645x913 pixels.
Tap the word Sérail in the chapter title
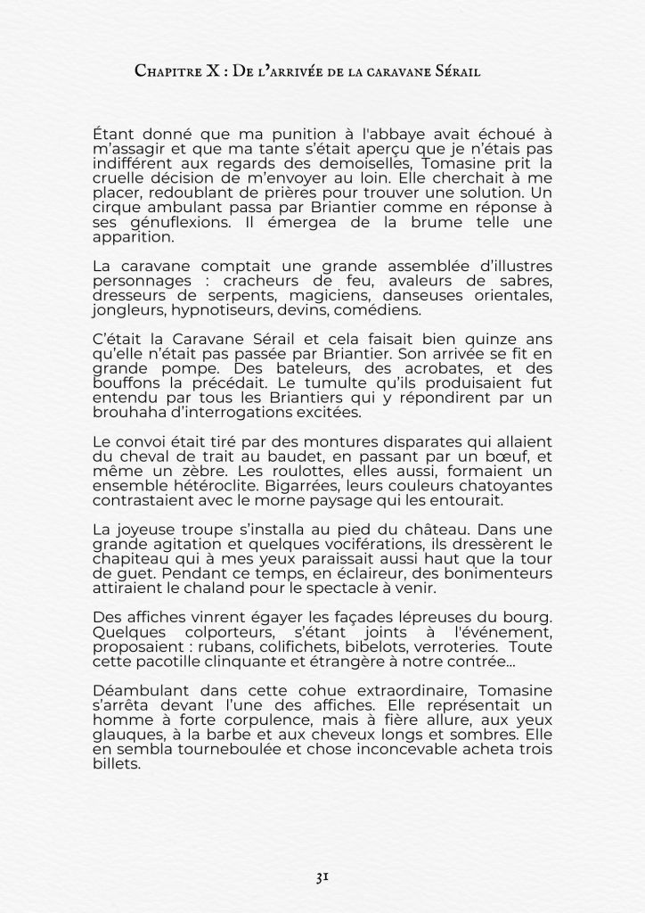coord(456,71)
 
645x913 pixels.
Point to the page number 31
coord(322,876)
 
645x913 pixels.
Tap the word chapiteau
coord(131,557)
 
